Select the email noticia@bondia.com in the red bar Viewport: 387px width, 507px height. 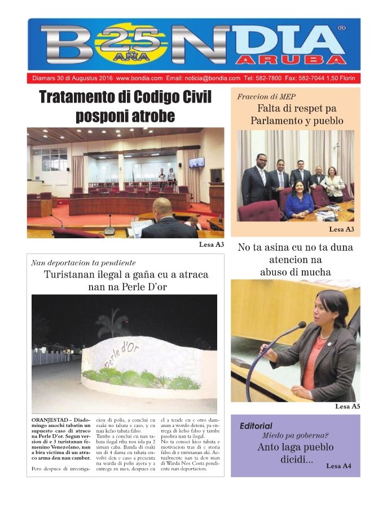(214, 78)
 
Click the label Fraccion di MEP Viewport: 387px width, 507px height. (266, 96)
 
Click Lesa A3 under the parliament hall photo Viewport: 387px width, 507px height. (212, 244)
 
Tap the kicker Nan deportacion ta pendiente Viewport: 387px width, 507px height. (83, 263)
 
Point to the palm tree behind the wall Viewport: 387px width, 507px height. (112, 322)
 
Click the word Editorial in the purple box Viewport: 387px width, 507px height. (256, 426)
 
